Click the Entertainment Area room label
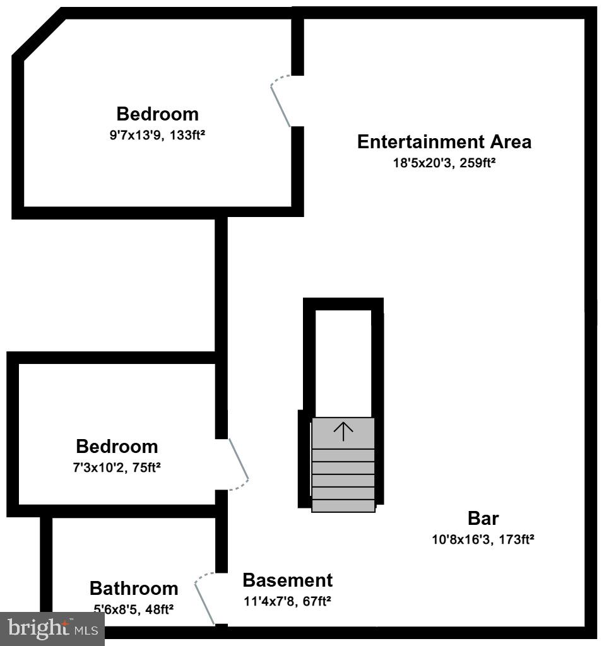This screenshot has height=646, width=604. [x=444, y=142]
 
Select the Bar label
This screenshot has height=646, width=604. [x=483, y=519]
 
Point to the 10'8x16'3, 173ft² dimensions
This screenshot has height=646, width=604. [x=483, y=539]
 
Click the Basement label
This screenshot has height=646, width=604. [x=287, y=580]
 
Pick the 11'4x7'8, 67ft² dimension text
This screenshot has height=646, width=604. [x=287, y=601]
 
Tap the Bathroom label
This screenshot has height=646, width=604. [x=134, y=589]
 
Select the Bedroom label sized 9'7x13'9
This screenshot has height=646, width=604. [x=157, y=114]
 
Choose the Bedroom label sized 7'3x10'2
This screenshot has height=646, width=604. [x=117, y=447]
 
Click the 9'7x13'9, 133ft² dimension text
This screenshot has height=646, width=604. [x=157, y=134]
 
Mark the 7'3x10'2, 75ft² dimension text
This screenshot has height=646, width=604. [x=118, y=467]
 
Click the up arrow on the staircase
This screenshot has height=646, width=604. [x=343, y=432]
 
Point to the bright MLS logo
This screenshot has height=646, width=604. [x=52, y=628]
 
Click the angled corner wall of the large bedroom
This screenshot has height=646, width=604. [x=38, y=35]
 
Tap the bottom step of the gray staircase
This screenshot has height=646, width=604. [x=343, y=505]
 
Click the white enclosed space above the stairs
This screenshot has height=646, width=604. [x=343, y=363]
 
